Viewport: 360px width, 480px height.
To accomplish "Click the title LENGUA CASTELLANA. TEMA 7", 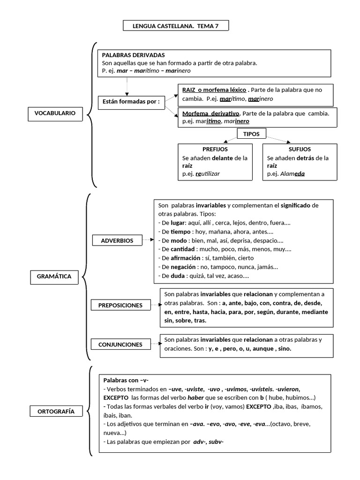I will click(176, 26).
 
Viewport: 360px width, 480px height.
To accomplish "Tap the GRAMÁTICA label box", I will click(54, 277).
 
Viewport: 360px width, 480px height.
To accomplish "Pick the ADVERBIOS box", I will click(117, 240).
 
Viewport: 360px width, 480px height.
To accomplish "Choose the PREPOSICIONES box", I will click(120, 305).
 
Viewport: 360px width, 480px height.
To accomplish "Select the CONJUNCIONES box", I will click(120, 345).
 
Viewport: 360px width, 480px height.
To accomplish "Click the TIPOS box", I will click(252, 134).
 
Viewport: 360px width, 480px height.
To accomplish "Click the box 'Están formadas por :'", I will click(132, 102).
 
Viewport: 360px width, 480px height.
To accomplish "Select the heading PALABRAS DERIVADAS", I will click(133, 55).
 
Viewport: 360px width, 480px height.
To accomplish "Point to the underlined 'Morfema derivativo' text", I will click(210, 113).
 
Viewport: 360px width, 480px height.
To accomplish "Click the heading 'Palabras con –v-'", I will click(126, 380).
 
